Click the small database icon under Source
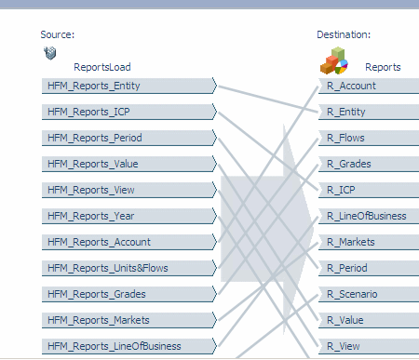49,53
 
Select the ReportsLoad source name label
102,67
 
